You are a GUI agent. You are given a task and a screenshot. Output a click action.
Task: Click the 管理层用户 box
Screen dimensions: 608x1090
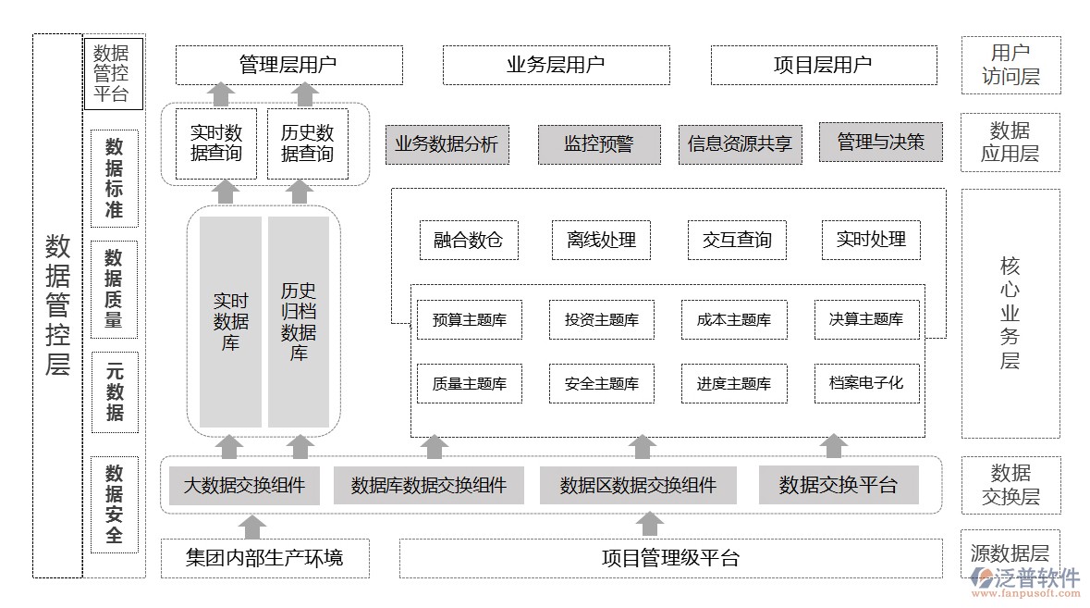pos(288,65)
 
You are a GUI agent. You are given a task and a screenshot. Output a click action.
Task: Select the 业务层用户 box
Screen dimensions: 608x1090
pos(556,65)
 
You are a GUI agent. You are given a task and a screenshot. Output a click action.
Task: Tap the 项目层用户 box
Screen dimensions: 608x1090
pos(823,65)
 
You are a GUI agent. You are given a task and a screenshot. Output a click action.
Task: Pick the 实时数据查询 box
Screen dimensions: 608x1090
pos(216,143)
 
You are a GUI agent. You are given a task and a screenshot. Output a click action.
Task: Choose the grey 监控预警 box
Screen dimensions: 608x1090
pos(599,144)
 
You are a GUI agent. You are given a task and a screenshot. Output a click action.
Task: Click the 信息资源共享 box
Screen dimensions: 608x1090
pos(740,144)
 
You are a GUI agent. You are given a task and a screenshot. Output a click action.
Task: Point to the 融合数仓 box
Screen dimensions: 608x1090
pos(469,240)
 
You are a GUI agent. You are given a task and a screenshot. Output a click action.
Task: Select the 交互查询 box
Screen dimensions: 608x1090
pos(737,240)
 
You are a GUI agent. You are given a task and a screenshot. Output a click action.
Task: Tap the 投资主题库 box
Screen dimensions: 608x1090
pos(601,320)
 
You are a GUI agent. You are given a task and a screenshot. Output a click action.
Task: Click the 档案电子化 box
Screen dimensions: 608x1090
pos(866,382)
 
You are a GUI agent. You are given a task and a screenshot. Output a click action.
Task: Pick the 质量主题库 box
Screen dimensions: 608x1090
pos(469,383)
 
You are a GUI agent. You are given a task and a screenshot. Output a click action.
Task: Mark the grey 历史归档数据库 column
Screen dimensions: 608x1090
pos(299,322)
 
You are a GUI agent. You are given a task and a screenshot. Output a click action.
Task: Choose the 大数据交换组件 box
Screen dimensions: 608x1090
pos(244,485)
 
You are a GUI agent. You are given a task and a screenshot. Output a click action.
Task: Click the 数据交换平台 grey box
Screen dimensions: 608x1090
pos(839,485)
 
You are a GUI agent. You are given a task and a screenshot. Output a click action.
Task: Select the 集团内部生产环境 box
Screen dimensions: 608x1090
pos(264,558)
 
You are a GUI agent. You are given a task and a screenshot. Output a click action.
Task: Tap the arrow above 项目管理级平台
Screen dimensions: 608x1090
pos(650,524)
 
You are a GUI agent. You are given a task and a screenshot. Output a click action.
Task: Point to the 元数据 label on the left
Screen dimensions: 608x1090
pos(115,392)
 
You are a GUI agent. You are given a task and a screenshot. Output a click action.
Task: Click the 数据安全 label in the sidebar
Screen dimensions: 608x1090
pos(115,504)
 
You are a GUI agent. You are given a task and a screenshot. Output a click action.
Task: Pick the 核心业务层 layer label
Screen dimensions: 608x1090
pos(1010,313)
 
